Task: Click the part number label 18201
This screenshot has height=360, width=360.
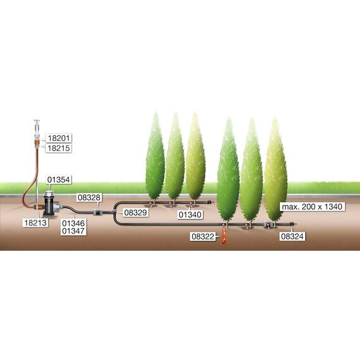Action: tap(59, 138)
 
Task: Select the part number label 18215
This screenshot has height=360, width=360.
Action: tap(59, 148)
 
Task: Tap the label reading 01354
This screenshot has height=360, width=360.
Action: tap(59, 179)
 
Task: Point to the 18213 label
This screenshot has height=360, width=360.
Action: tap(35, 223)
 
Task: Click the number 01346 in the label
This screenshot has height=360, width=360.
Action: tap(73, 223)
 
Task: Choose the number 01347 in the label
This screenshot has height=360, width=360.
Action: tap(73, 231)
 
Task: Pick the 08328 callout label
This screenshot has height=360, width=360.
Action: tap(89, 198)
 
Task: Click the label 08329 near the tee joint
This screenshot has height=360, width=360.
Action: tap(135, 213)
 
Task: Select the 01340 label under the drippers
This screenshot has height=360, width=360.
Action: tap(190, 215)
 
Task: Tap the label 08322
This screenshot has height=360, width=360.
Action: tap(203, 236)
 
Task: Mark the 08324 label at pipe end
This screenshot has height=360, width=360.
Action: tap(292, 236)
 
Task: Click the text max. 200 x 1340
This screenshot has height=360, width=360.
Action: tap(312, 207)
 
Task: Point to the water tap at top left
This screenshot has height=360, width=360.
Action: tap(37, 126)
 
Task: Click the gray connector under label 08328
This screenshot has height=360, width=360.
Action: tap(98, 212)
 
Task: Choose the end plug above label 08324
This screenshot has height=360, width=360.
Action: tap(292, 224)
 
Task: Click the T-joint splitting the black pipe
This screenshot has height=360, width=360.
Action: tap(114, 212)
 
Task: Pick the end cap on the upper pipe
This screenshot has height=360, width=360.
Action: tap(210, 202)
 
